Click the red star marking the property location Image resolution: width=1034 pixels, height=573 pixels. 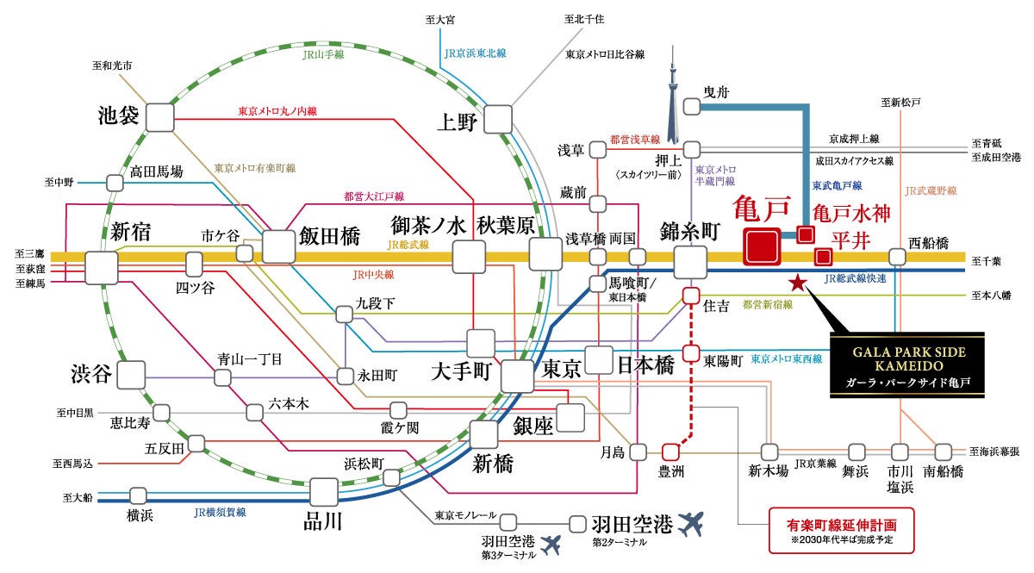tap(798, 282)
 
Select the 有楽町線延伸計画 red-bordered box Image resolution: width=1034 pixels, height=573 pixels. tap(841, 529)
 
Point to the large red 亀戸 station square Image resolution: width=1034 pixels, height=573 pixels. tap(763, 246)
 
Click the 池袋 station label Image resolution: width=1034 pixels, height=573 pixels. tap(119, 115)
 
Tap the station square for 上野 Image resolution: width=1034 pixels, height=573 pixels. tap(497, 119)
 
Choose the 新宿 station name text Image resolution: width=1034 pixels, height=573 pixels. tap(130, 231)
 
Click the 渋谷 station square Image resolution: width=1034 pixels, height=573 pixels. tap(131, 375)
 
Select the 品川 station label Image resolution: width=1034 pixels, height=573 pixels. tap(323, 520)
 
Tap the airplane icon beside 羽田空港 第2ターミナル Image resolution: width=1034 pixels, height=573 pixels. tap(691, 522)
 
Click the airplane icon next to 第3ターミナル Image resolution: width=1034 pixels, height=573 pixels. tap(552, 545)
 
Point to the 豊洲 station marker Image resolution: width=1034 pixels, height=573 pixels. tap(670, 451)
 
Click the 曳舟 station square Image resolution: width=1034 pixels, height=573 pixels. tap(692, 107)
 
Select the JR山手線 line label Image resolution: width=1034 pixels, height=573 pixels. tap(323, 54)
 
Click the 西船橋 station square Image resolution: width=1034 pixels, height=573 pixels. tap(897, 256)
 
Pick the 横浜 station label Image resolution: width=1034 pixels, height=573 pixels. tap(140, 514)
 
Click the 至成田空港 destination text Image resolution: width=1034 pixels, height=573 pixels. tap(995, 157)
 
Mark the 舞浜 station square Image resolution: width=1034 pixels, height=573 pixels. tap(856, 451)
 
